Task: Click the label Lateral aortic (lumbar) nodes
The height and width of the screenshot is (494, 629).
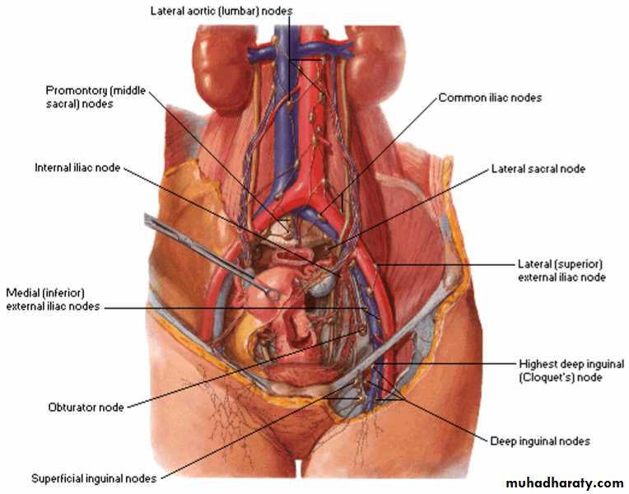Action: click(221, 11)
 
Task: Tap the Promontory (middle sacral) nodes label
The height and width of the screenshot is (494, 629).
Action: click(96, 97)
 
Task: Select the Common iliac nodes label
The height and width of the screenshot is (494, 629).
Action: click(490, 97)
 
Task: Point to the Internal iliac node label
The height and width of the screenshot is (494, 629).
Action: click(77, 167)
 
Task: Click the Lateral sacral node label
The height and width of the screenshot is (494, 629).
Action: click(538, 169)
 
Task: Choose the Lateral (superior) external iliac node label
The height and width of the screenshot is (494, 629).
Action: click(561, 271)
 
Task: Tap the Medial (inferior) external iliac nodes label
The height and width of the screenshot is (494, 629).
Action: click(53, 300)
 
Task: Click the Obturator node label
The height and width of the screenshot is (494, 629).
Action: click(86, 408)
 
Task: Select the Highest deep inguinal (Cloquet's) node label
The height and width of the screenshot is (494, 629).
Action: click(571, 370)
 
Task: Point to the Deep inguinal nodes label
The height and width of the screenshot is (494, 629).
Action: click(540, 441)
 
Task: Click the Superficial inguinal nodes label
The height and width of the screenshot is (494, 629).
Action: click(94, 478)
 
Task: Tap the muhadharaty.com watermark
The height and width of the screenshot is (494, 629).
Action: click(565, 482)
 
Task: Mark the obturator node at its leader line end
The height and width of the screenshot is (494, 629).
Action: click(361, 331)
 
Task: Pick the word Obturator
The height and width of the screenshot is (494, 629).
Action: click(71, 408)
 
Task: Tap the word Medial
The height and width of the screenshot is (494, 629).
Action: click(19, 293)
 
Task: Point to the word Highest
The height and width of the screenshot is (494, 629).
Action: click(538, 364)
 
